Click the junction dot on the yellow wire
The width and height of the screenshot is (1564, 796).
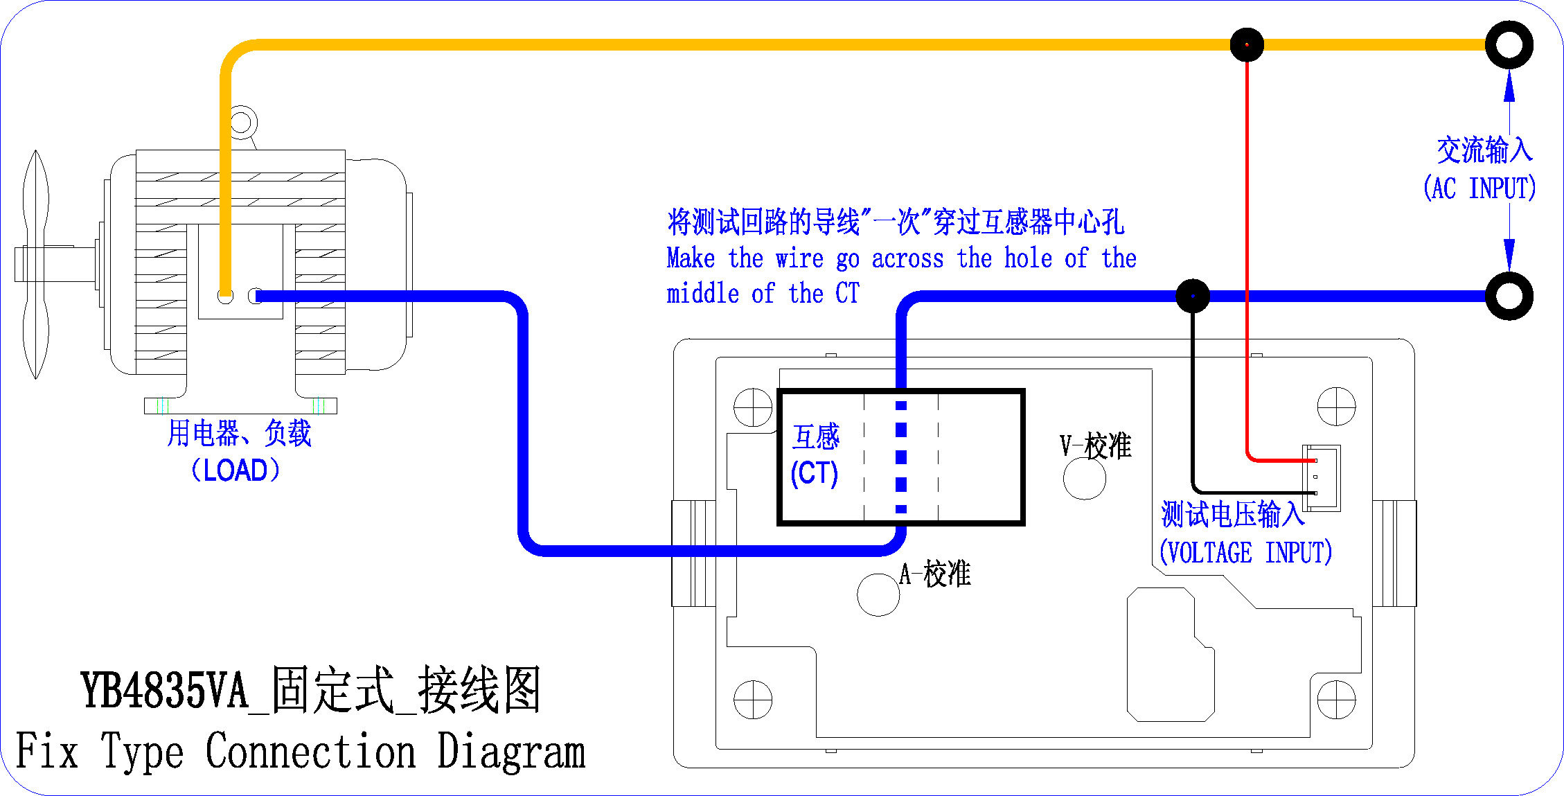click(x=1247, y=45)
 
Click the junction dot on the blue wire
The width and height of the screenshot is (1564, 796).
click(x=1193, y=297)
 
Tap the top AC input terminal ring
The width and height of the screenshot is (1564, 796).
click(x=1509, y=45)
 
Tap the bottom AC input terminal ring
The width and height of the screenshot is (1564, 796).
click(x=1509, y=297)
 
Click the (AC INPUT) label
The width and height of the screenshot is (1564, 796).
click(x=1479, y=188)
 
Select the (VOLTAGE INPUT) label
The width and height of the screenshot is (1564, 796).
click(x=1245, y=553)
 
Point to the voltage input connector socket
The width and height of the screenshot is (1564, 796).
click(x=1322, y=478)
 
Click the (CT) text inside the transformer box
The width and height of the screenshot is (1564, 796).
click(x=815, y=473)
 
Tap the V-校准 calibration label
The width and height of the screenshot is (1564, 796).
click(x=1095, y=445)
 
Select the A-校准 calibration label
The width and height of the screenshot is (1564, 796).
click(x=935, y=574)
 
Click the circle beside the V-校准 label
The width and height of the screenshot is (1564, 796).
click(x=1085, y=478)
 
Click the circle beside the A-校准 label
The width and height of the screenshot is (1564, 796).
click(x=878, y=594)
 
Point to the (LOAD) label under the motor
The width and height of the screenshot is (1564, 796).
click(x=236, y=470)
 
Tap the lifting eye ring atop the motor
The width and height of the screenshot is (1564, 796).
click(x=241, y=123)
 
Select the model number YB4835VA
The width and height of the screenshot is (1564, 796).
click(x=165, y=691)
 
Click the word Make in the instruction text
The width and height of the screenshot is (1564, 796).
click(x=691, y=258)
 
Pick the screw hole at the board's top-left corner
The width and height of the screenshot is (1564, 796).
click(x=753, y=407)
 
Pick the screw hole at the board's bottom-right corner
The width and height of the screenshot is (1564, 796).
click(x=1336, y=700)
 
